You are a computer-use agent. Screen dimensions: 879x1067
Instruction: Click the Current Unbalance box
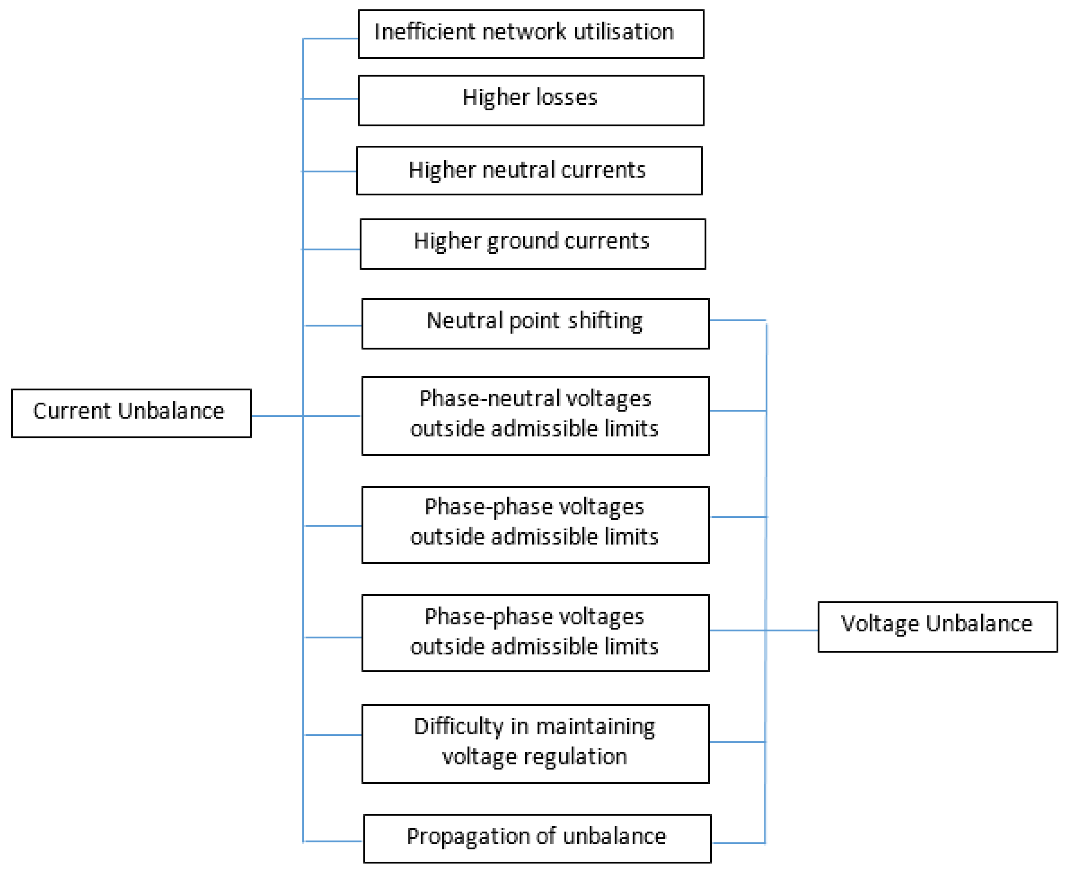(x=131, y=413)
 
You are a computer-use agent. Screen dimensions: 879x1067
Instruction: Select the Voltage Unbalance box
(x=937, y=626)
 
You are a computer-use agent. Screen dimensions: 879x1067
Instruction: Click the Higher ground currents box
(x=532, y=244)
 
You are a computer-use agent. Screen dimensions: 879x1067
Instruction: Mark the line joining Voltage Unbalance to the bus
(x=792, y=630)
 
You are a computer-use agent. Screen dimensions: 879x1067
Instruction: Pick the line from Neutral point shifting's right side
(x=737, y=320)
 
